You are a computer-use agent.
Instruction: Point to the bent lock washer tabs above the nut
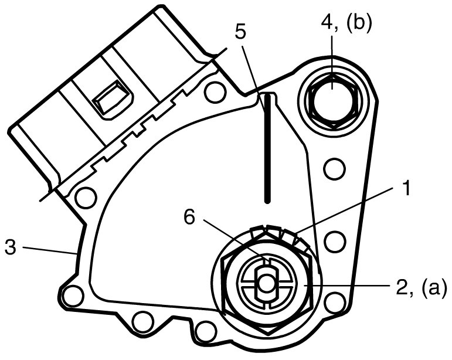pos(276,233)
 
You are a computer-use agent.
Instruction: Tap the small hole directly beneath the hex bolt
pos(335,169)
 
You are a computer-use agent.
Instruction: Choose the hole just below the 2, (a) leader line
pos(335,303)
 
